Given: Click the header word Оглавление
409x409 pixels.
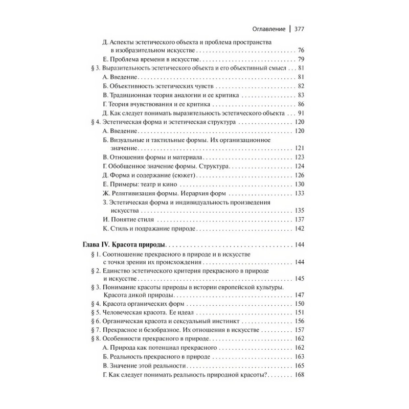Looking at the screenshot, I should point(266,29).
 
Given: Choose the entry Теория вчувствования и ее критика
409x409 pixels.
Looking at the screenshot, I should point(148,104).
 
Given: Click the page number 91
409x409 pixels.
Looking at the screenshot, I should point(301,113).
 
